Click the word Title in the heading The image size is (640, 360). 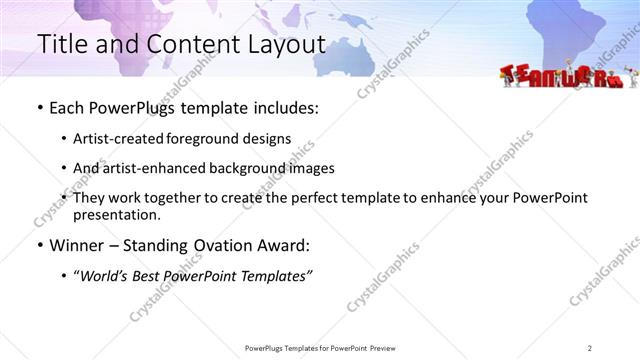coord(61,44)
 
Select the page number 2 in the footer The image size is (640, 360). coord(589,347)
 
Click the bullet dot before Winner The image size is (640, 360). coord(39,245)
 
